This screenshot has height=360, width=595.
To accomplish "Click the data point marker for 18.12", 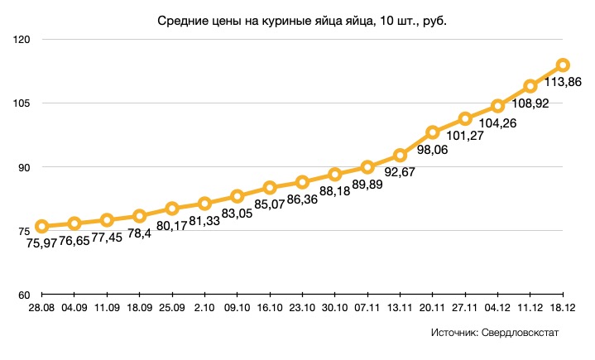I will tap(563, 65).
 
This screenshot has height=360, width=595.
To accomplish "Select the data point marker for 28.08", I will tap(41, 226).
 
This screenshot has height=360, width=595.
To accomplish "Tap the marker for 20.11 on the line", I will tap(433, 132).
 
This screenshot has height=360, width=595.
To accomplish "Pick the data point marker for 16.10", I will tap(270, 188).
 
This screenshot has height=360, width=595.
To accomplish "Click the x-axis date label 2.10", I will tap(204, 308).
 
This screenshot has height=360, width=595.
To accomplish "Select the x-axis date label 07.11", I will tap(367, 308).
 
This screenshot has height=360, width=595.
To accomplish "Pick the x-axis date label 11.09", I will tap(107, 308).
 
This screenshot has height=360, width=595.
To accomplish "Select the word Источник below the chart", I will tap(453, 333).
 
